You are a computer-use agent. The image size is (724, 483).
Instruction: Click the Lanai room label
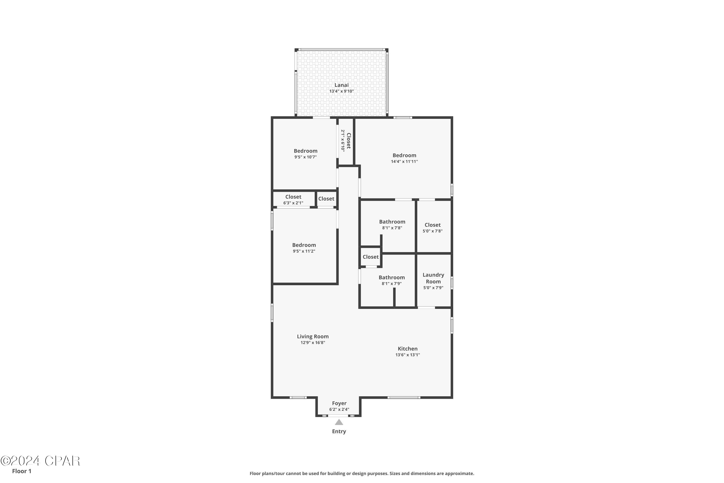(x=341, y=85)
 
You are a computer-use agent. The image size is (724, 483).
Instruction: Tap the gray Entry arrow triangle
(x=339, y=422)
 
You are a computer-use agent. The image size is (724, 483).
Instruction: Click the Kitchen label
(x=407, y=349)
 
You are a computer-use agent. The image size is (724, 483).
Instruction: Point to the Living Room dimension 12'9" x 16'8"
(x=313, y=342)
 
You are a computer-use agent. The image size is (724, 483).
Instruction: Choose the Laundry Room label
(x=433, y=278)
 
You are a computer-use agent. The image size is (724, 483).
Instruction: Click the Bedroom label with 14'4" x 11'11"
(x=404, y=155)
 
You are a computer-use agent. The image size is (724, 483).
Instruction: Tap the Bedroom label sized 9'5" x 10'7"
(x=305, y=151)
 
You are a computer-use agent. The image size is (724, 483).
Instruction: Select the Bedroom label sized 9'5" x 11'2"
(x=304, y=245)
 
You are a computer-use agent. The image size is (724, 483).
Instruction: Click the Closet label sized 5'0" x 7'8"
(x=432, y=225)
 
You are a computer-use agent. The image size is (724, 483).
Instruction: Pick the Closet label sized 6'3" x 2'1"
(x=293, y=197)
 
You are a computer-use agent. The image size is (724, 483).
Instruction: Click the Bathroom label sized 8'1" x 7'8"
(x=392, y=222)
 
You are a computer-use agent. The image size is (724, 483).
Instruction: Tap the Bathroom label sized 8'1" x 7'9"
(x=391, y=277)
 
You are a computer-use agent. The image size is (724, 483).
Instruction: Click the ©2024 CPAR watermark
(x=40, y=461)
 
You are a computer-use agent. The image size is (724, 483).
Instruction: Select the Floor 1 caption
(x=21, y=471)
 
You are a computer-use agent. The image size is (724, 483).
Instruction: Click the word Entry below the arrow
(x=339, y=432)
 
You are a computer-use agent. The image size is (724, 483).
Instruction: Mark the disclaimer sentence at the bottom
(x=362, y=473)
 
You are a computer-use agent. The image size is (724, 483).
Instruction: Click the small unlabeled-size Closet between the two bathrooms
(x=370, y=257)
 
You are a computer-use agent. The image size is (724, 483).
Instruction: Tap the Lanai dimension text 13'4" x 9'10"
(x=341, y=91)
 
